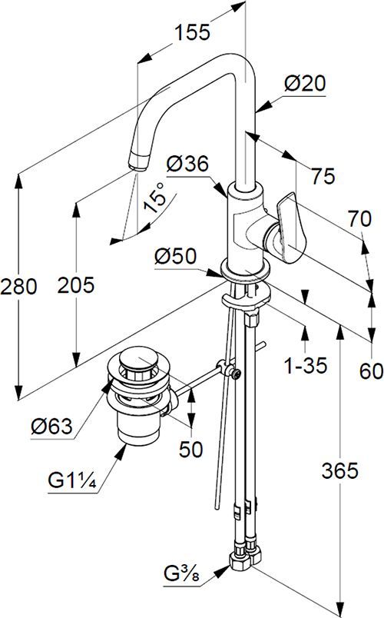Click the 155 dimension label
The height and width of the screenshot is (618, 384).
(192, 33)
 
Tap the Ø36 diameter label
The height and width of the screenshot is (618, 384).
(187, 164)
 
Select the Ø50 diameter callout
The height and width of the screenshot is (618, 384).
(175, 257)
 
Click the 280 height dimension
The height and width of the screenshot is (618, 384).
(18, 287)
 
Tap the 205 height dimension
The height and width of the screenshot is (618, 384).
(76, 285)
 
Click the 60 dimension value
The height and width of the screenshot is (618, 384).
(370, 371)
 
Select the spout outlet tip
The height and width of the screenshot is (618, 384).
(137, 162)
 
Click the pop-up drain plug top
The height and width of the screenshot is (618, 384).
(138, 359)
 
